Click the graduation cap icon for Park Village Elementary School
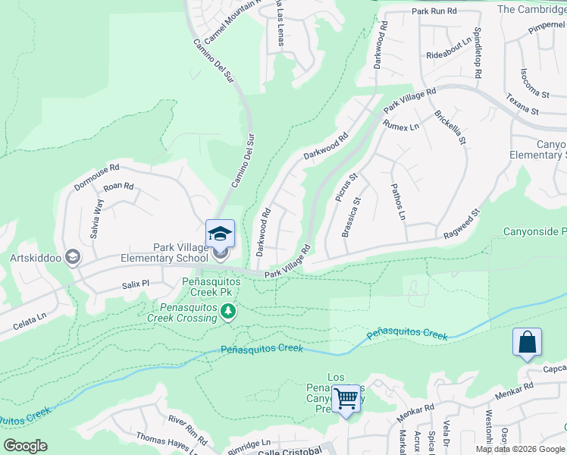(220, 233)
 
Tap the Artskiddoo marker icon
(73, 257)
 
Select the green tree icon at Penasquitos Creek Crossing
(227, 311)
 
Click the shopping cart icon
(346, 397)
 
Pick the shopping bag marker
(527, 342)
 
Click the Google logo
(25, 446)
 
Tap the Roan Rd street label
(118, 187)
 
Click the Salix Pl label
(137, 284)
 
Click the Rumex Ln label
(402, 126)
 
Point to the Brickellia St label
(450, 128)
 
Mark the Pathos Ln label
(398, 202)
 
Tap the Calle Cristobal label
(291, 450)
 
